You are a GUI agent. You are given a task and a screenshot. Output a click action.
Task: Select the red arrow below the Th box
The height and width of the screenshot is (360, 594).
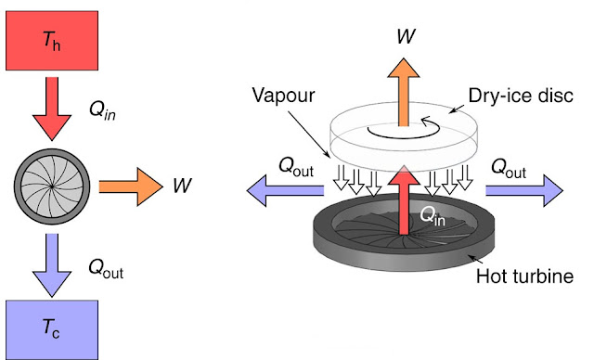click(52, 110)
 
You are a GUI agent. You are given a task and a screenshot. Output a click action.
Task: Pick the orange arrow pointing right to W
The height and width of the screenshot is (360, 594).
click(129, 186)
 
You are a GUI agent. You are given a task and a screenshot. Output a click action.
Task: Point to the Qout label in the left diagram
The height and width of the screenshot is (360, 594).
click(106, 269)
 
